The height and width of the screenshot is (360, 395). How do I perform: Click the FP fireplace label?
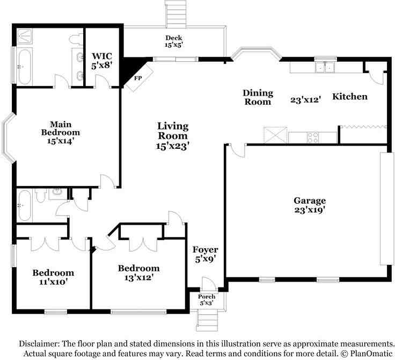tap(138, 78)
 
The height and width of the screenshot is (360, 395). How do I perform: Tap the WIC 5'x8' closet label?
tap(101, 61)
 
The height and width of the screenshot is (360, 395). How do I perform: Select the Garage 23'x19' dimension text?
tap(310, 210)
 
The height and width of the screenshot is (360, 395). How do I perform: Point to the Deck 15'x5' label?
tap(173, 41)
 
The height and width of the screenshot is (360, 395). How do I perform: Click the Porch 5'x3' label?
tap(207, 300)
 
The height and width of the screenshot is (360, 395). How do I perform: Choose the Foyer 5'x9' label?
tap(205, 254)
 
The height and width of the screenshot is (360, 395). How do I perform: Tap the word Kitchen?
tap(350, 96)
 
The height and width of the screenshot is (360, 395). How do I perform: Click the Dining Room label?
tap(258, 97)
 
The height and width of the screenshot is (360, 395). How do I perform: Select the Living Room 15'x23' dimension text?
tap(173, 146)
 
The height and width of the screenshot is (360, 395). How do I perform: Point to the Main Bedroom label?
tap(61, 128)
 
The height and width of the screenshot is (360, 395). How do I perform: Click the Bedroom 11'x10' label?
tap(53, 277)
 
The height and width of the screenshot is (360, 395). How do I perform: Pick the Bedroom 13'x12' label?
tap(139, 273)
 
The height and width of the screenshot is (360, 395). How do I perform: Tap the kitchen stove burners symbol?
tap(313, 138)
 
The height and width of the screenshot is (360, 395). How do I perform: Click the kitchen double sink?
tap(325, 67)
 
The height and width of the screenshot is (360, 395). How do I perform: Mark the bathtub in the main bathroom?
tap(25, 67)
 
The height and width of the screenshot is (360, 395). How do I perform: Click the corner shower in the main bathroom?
tap(25, 37)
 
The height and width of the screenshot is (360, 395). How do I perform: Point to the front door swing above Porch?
tap(209, 284)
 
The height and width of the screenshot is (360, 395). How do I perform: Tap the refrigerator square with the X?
tap(275, 135)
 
